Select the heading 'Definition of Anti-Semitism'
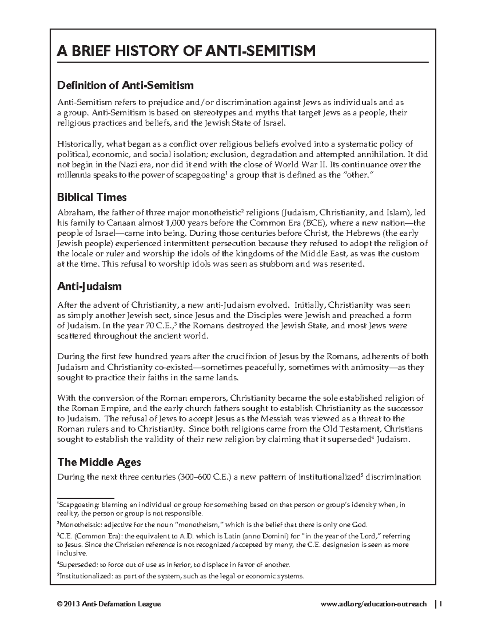(x=125, y=85)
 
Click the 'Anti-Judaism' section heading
(x=89, y=287)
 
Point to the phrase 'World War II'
(x=300, y=165)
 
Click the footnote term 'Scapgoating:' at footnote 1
(x=79, y=505)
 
